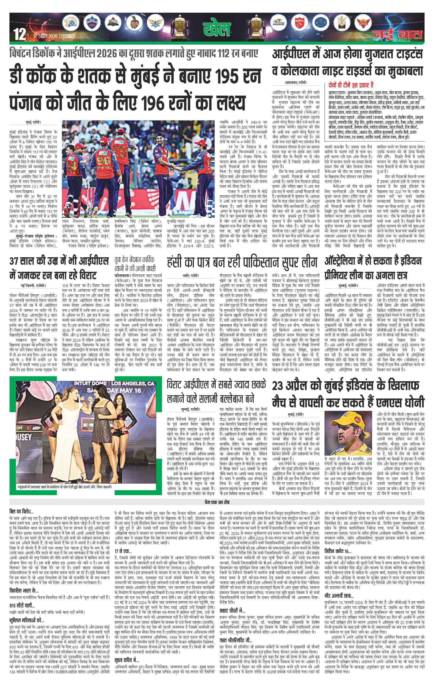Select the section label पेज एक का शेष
point(217,502)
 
